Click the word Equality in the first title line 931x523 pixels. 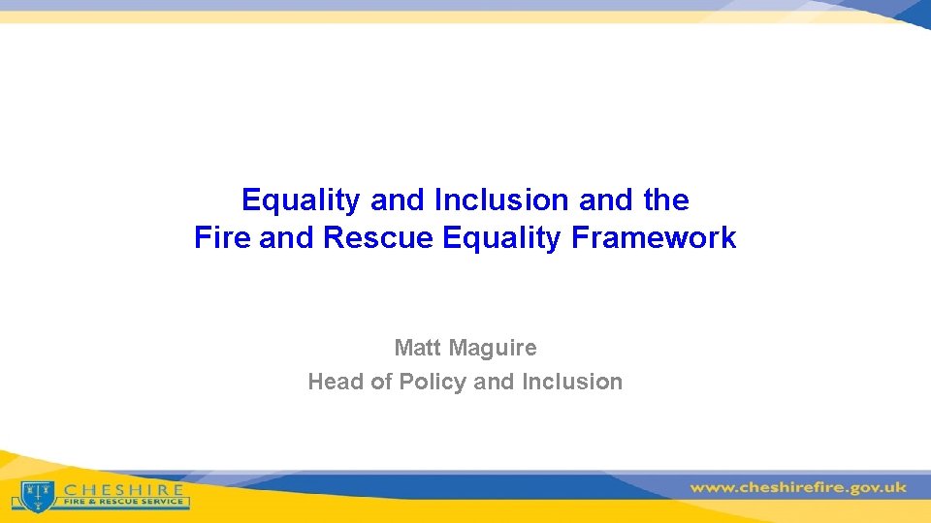[302, 200]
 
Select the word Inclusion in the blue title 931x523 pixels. [501, 200]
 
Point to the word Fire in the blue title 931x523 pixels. [222, 237]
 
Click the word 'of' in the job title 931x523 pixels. [381, 382]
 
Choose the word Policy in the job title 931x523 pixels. [433, 382]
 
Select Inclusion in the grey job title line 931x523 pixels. [571, 382]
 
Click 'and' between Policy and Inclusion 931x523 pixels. [494, 382]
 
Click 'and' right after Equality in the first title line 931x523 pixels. [398, 200]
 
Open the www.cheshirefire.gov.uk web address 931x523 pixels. [798, 487]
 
